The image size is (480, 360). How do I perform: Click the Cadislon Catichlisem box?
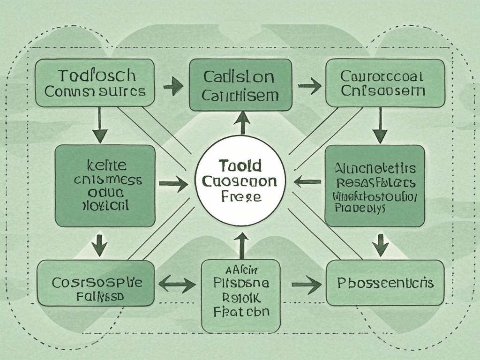point(240,85)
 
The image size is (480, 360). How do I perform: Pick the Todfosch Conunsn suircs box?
point(95,82)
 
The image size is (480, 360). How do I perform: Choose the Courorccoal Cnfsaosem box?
point(385,82)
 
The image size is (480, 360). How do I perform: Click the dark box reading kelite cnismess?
point(105,186)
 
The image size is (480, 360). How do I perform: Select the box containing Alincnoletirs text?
point(375,186)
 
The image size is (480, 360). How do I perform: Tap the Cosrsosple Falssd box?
point(96,283)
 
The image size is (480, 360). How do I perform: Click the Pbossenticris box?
point(385,283)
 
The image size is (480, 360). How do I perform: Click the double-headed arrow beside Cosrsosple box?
point(177,284)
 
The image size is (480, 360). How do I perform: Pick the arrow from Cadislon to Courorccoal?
point(309,86)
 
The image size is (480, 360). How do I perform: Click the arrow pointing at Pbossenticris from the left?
point(306,284)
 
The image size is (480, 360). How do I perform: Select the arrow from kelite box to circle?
point(173,184)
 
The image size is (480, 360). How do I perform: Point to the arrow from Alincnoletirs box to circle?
point(307,181)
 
